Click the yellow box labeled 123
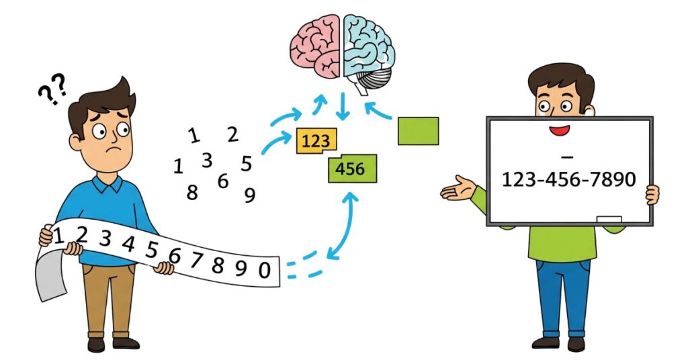316,142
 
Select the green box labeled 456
351,168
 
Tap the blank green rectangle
418,130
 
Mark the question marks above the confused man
52,88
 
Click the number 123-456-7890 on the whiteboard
568,179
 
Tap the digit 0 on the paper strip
264,270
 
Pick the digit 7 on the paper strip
196,260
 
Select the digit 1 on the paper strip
58,235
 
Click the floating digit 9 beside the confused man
250,195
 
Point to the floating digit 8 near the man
193,193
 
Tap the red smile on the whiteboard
560,129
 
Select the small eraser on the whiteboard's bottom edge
609,219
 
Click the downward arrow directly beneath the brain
343,107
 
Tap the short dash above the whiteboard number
566,157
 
